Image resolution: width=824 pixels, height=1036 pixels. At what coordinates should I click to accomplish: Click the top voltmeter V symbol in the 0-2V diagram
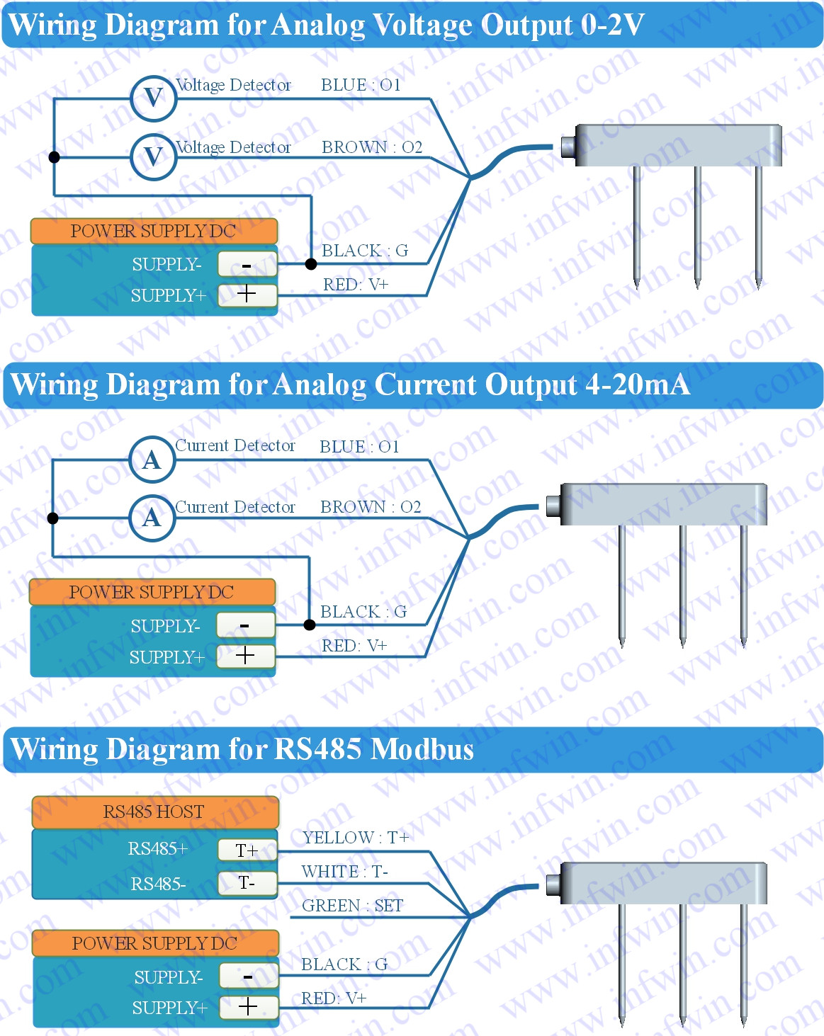[153, 98]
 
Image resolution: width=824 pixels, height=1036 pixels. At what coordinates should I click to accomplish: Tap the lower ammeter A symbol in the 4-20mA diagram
[152, 518]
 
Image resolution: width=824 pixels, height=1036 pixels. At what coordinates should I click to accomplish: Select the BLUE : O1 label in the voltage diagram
[361, 85]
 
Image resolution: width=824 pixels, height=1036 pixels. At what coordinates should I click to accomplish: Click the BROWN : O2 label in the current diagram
[371, 507]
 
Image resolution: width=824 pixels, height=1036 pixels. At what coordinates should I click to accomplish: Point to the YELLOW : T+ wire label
[356, 838]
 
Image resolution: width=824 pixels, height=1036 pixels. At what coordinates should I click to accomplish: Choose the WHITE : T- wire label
[344, 872]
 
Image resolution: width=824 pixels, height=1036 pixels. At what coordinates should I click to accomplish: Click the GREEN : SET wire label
[352, 906]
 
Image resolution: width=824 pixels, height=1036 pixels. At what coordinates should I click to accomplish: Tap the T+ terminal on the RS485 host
[247, 850]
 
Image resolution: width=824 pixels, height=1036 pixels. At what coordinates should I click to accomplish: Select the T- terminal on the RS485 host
[247, 883]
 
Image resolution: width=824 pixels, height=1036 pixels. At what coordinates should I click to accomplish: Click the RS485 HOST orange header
[154, 812]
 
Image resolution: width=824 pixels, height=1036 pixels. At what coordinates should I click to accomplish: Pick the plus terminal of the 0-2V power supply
[247, 294]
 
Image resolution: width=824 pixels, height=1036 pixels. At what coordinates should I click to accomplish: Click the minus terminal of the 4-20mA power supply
[245, 625]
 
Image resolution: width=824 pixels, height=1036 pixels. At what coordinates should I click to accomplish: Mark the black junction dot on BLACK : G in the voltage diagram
[311, 264]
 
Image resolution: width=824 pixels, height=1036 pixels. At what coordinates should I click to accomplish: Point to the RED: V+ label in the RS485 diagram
[334, 998]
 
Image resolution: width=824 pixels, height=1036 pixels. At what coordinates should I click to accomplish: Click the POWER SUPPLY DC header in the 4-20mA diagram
[152, 592]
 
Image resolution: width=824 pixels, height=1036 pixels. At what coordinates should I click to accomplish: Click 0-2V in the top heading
[612, 25]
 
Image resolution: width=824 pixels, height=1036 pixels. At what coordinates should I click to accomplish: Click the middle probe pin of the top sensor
[697, 227]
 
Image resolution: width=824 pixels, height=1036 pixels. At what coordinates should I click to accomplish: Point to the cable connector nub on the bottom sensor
[553, 884]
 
